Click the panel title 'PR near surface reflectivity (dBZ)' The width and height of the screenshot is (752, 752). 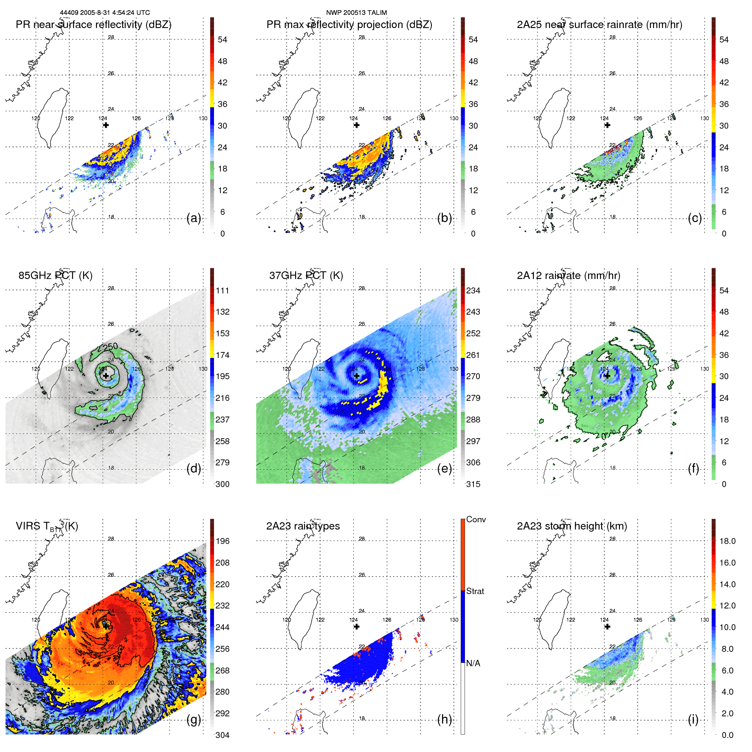click(93, 25)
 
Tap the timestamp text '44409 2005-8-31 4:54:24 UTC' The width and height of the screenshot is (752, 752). click(105, 13)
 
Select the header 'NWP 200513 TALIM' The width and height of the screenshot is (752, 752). click(356, 13)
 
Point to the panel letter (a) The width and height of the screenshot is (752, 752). click(194, 218)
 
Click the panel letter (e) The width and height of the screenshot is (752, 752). click(445, 469)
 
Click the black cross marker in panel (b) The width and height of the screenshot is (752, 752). click(357, 125)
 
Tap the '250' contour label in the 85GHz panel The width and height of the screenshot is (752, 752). click(110, 346)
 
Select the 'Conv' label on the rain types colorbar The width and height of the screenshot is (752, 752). click(476, 520)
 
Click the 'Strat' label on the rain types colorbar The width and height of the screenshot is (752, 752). click(475, 591)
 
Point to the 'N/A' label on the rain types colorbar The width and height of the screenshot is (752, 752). click(473, 663)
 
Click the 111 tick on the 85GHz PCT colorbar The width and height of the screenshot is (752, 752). click(223, 291)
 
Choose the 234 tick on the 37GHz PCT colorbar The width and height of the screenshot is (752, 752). click(473, 291)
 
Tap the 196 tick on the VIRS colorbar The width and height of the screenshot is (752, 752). click(223, 541)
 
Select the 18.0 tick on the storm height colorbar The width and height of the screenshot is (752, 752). click(727, 541)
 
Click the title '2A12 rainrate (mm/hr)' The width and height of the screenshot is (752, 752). click(569, 276)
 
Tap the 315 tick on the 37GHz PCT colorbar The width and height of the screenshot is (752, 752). click(473, 484)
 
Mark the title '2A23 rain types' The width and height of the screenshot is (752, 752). click(303, 526)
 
